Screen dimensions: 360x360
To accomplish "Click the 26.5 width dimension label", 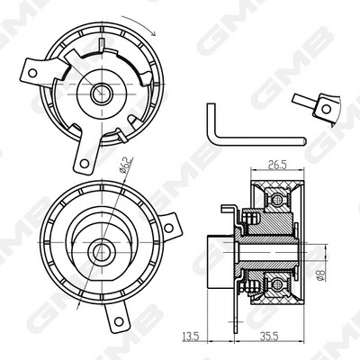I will coord(276,165).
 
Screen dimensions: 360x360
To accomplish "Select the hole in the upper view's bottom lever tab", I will coord(84,163).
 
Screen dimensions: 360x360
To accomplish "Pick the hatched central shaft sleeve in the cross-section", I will coord(261,244).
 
